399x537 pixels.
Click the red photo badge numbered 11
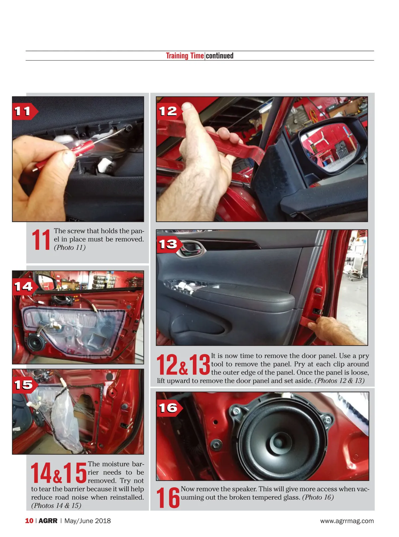click(x=25, y=112)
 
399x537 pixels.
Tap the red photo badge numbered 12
click(x=169, y=112)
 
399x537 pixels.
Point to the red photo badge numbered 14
click(x=25, y=287)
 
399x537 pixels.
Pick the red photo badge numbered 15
click(x=25, y=385)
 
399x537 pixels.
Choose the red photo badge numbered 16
click(x=169, y=408)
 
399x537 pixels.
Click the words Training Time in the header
click(x=185, y=56)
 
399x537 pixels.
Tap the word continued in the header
click(x=219, y=56)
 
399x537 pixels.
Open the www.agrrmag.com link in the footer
click(x=347, y=521)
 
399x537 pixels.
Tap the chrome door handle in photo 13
click(x=191, y=249)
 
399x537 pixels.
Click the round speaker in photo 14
click(x=36, y=343)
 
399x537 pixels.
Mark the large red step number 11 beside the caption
click(x=41, y=239)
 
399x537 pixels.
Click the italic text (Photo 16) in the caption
click(x=318, y=497)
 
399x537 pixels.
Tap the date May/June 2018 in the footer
click(x=87, y=521)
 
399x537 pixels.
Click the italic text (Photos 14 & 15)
click(x=56, y=505)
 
